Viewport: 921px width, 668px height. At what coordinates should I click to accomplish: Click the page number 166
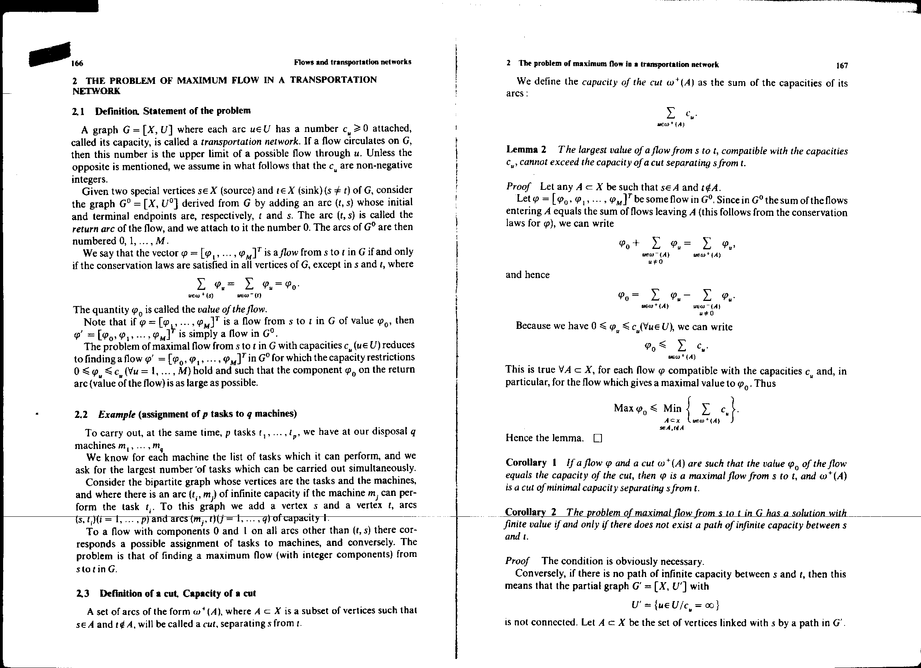coord(77,63)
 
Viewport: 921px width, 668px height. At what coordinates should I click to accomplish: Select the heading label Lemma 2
coord(526,150)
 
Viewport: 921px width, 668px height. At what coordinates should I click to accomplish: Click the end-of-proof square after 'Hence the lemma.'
coord(597,438)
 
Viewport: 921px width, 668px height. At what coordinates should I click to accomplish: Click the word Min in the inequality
coord(672,408)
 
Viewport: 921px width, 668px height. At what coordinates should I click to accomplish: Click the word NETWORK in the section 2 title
coord(96,91)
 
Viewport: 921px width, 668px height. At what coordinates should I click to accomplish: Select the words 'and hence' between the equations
coord(527,275)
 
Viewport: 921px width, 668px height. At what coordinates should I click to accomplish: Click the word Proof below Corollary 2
coord(517,561)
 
